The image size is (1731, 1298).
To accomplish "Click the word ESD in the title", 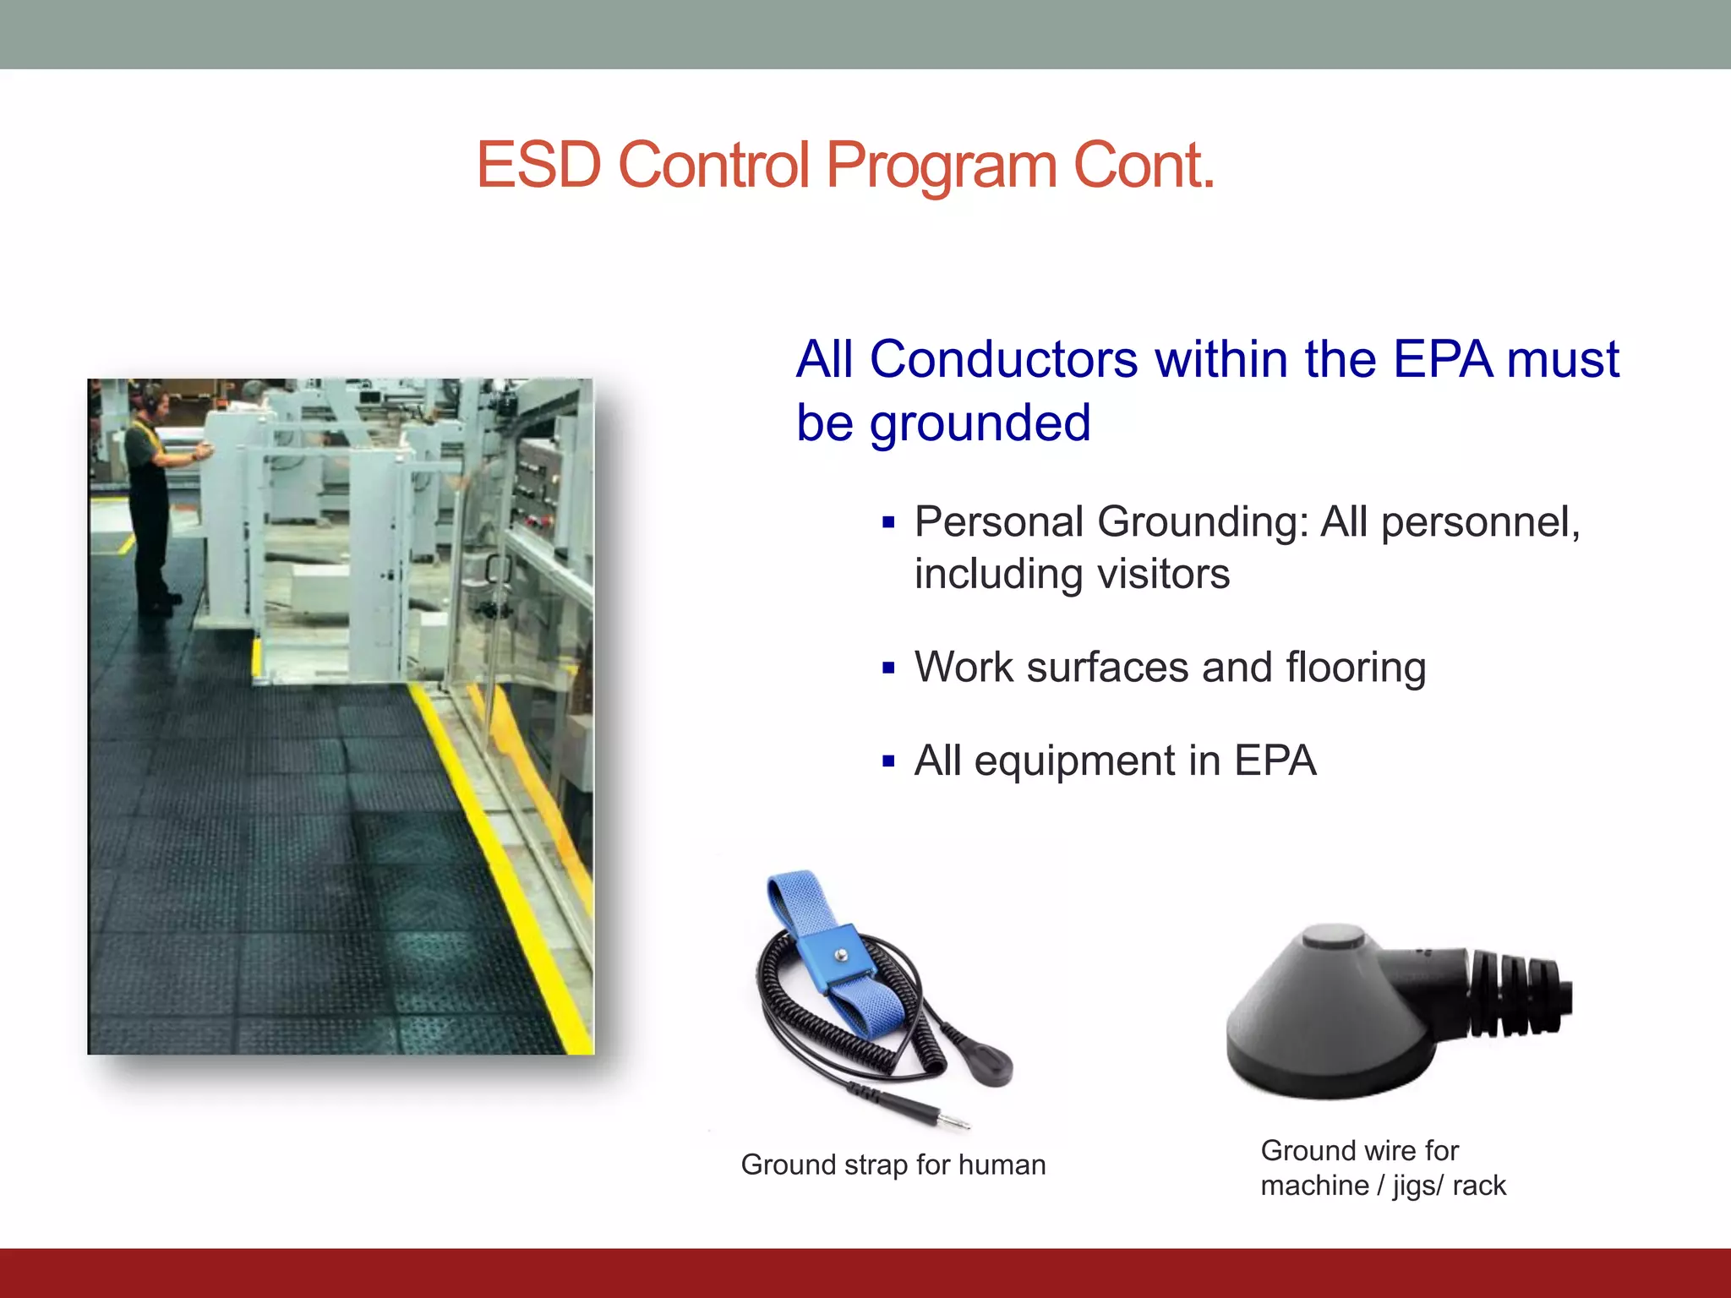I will [538, 165].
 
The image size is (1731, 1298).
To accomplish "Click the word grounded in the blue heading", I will [980, 423].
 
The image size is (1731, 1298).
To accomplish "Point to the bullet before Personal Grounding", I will [887, 523].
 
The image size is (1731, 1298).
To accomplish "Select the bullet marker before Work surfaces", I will [887, 668].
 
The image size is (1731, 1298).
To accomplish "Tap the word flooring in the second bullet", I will [1356, 668].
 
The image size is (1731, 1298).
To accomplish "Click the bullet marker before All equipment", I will [887, 761].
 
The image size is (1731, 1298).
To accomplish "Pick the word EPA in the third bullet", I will [1275, 761].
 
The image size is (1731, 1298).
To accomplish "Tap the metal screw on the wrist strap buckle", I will [841, 955].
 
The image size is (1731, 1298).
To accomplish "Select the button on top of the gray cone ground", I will [1334, 936].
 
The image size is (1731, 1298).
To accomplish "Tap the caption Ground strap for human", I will [893, 1164].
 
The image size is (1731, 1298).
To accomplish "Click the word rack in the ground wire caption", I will [1479, 1186].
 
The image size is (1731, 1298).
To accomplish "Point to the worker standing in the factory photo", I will [152, 499].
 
